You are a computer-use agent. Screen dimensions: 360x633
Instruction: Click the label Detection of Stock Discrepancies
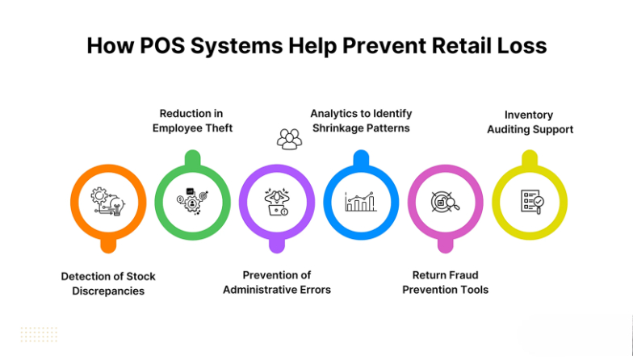coord(108,283)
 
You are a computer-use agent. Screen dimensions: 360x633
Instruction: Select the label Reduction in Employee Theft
coord(191,121)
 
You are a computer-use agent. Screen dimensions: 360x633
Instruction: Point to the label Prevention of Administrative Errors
coord(277,283)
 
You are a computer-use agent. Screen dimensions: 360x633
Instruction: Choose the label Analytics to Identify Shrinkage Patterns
coord(360,121)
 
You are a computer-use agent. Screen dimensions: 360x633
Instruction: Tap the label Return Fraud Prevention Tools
coord(446,283)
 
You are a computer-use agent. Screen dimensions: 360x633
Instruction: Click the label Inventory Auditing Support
coord(530,122)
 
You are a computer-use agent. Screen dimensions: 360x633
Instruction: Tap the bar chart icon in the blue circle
coord(361,201)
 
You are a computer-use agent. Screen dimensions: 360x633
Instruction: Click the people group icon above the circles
coord(288,139)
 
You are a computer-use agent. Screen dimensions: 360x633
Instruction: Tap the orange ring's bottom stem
coord(108,243)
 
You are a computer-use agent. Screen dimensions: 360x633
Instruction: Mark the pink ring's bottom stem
coord(446,243)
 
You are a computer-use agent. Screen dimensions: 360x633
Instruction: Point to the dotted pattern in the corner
coord(39,335)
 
